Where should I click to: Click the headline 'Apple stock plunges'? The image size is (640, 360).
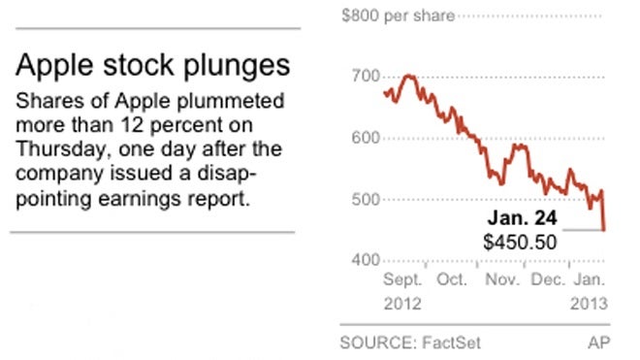pyautogui.click(x=151, y=67)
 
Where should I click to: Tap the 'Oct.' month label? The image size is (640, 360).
pyautogui.click(x=453, y=280)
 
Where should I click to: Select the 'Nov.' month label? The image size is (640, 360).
pyautogui.click(x=501, y=280)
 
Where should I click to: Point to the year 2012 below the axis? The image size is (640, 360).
pyautogui.click(x=403, y=302)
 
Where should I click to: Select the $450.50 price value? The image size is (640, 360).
pyautogui.click(x=520, y=242)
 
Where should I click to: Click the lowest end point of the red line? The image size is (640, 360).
pyautogui.click(x=605, y=230)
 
